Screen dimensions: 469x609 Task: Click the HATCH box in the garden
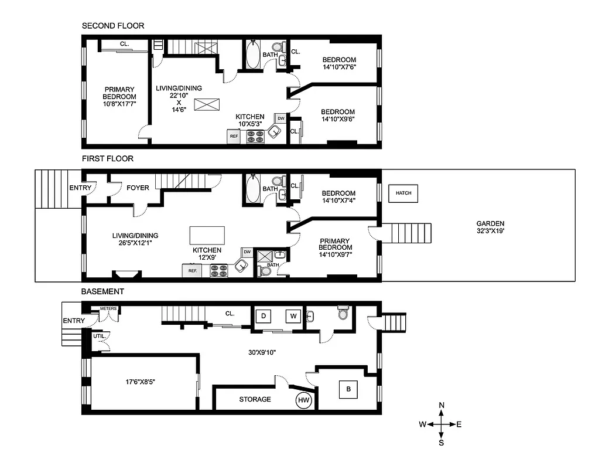[x=403, y=193]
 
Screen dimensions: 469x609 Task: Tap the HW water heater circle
[x=303, y=400]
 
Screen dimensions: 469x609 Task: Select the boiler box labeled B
[x=348, y=389]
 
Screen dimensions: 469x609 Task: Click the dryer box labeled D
[x=264, y=317]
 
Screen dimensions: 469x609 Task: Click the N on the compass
[x=442, y=406]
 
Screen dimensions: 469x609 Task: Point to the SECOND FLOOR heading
[x=112, y=26]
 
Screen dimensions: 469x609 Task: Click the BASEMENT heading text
[x=102, y=291]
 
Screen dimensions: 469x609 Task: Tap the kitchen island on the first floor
[x=207, y=236]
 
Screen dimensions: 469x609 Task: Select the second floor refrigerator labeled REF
[x=234, y=136]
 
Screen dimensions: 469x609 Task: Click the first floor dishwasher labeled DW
[x=247, y=252]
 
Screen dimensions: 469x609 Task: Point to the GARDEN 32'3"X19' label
[x=490, y=227]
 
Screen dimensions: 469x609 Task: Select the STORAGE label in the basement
[x=255, y=399]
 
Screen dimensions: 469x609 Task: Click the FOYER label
[x=138, y=188]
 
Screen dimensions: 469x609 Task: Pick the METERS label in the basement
[x=109, y=308]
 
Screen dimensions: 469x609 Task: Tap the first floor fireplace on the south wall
[x=126, y=274]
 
